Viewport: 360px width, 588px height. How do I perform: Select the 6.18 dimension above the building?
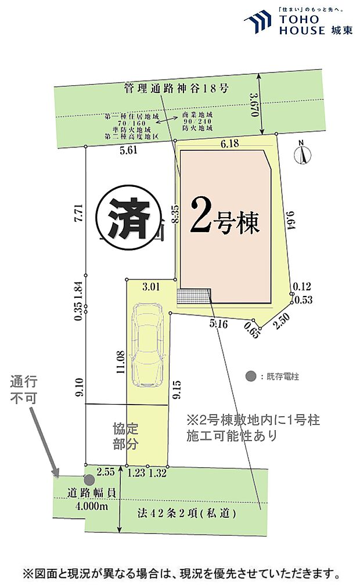tap(229, 144)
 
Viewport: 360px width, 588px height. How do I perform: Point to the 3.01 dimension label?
tap(150, 286)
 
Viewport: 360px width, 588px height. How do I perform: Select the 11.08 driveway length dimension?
tap(121, 361)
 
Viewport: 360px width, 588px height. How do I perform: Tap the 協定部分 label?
tap(126, 437)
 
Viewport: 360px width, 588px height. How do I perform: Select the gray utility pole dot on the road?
tap(89, 479)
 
